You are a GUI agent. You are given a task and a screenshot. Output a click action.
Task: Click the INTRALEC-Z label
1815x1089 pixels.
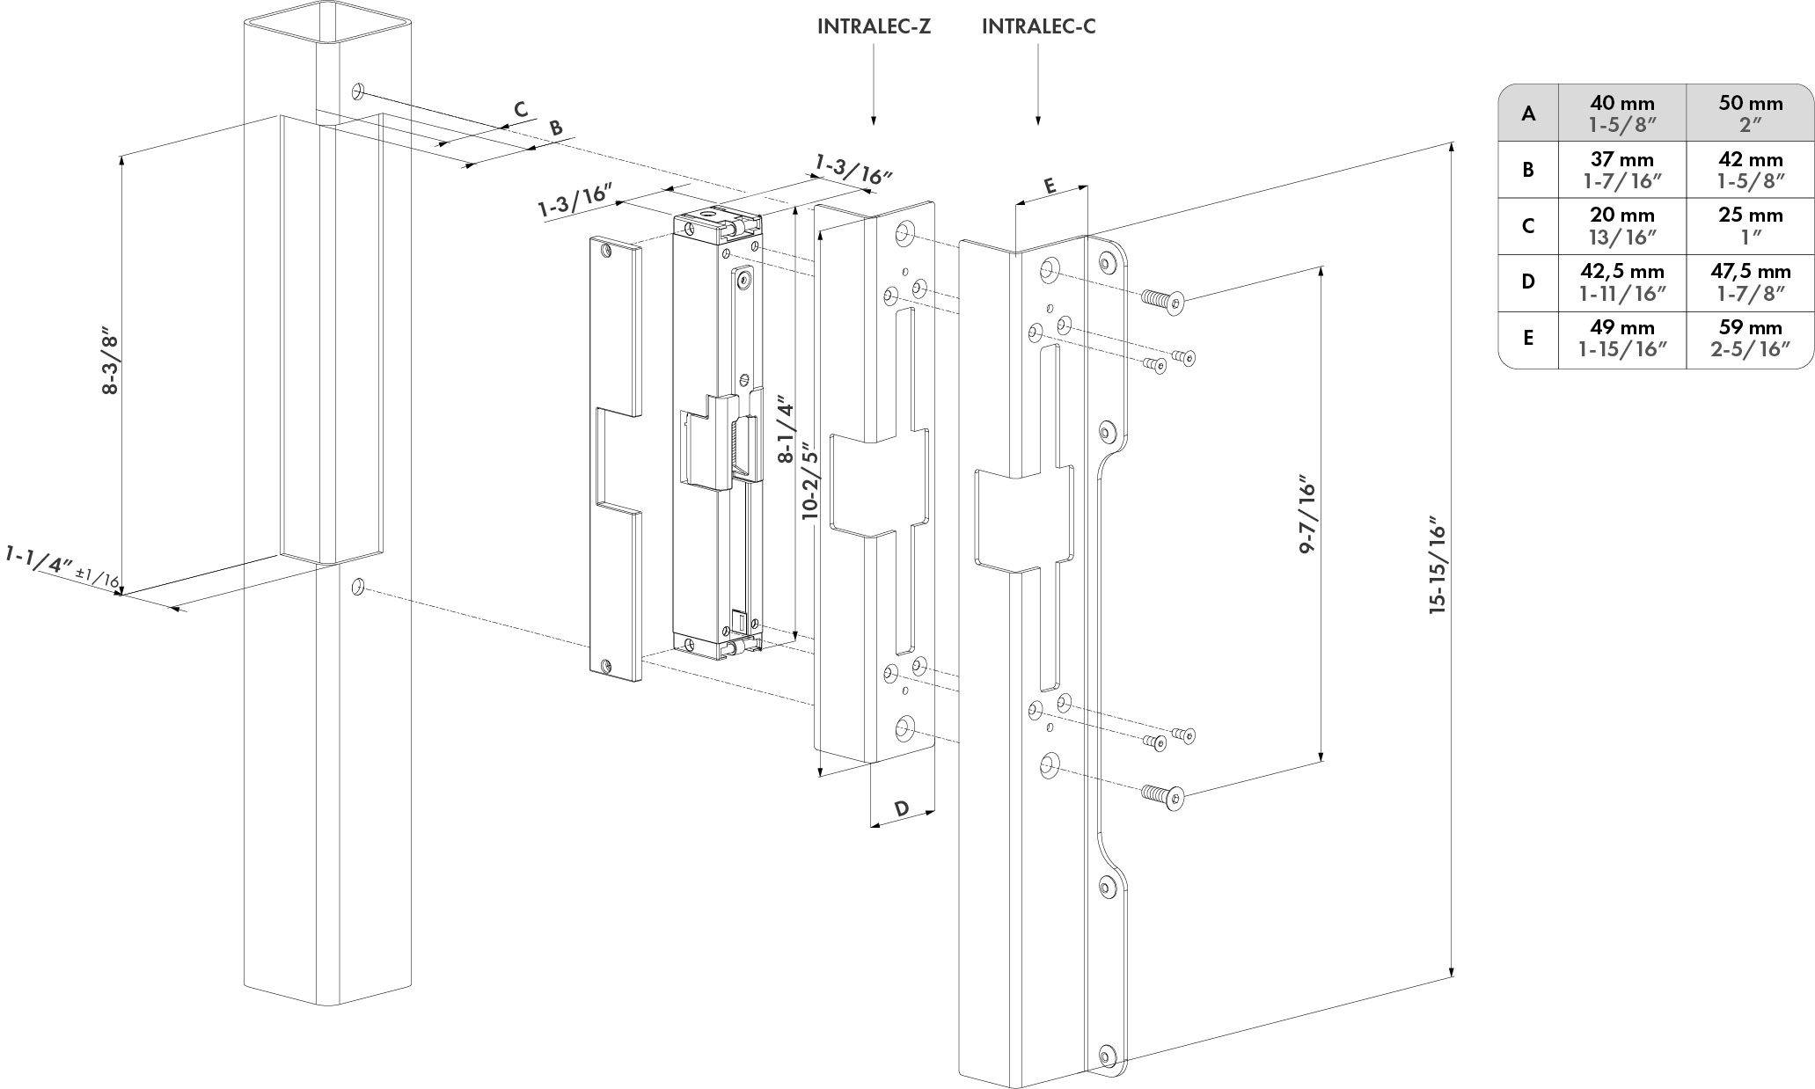pyautogui.click(x=873, y=26)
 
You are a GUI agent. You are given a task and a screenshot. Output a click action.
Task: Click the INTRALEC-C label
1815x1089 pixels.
pyautogui.click(x=1038, y=26)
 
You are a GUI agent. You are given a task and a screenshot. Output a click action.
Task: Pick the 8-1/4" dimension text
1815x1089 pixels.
pyautogui.click(x=786, y=431)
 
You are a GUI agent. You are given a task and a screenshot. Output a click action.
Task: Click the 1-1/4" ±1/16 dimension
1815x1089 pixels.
pyautogui.click(x=62, y=567)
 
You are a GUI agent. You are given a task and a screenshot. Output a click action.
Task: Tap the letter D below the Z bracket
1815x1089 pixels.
pyautogui.click(x=902, y=808)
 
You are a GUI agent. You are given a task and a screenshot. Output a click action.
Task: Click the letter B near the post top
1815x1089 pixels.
pyautogui.click(x=555, y=128)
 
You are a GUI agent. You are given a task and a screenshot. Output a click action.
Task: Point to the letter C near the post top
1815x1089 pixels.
pyautogui.click(x=521, y=110)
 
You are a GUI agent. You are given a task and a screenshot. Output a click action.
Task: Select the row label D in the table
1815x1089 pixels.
pyautogui.click(x=1528, y=281)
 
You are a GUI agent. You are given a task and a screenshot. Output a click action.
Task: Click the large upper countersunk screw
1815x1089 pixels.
pyautogui.click(x=1162, y=302)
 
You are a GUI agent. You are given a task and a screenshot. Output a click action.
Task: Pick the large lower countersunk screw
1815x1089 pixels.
pyautogui.click(x=1162, y=795)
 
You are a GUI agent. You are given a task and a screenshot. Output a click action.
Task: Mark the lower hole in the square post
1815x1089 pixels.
pyautogui.click(x=357, y=586)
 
